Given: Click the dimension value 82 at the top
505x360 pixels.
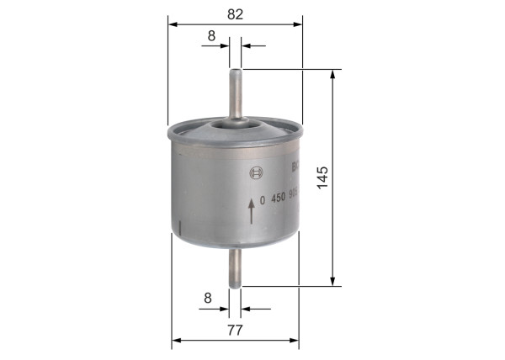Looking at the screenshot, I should pyautogui.click(x=235, y=13).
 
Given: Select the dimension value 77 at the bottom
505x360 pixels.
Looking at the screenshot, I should pyautogui.click(x=235, y=330).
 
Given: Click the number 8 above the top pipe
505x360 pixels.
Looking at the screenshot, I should pyautogui.click(x=211, y=35).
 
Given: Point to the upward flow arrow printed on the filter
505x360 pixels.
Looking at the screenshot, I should pyautogui.click(x=251, y=210).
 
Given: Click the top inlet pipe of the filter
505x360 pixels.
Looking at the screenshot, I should pyautogui.click(x=236, y=93).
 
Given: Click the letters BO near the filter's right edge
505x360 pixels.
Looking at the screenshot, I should pyautogui.click(x=295, y=167).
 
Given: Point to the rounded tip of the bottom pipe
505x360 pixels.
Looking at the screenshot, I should pyautogui.click(x=236, y=284).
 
